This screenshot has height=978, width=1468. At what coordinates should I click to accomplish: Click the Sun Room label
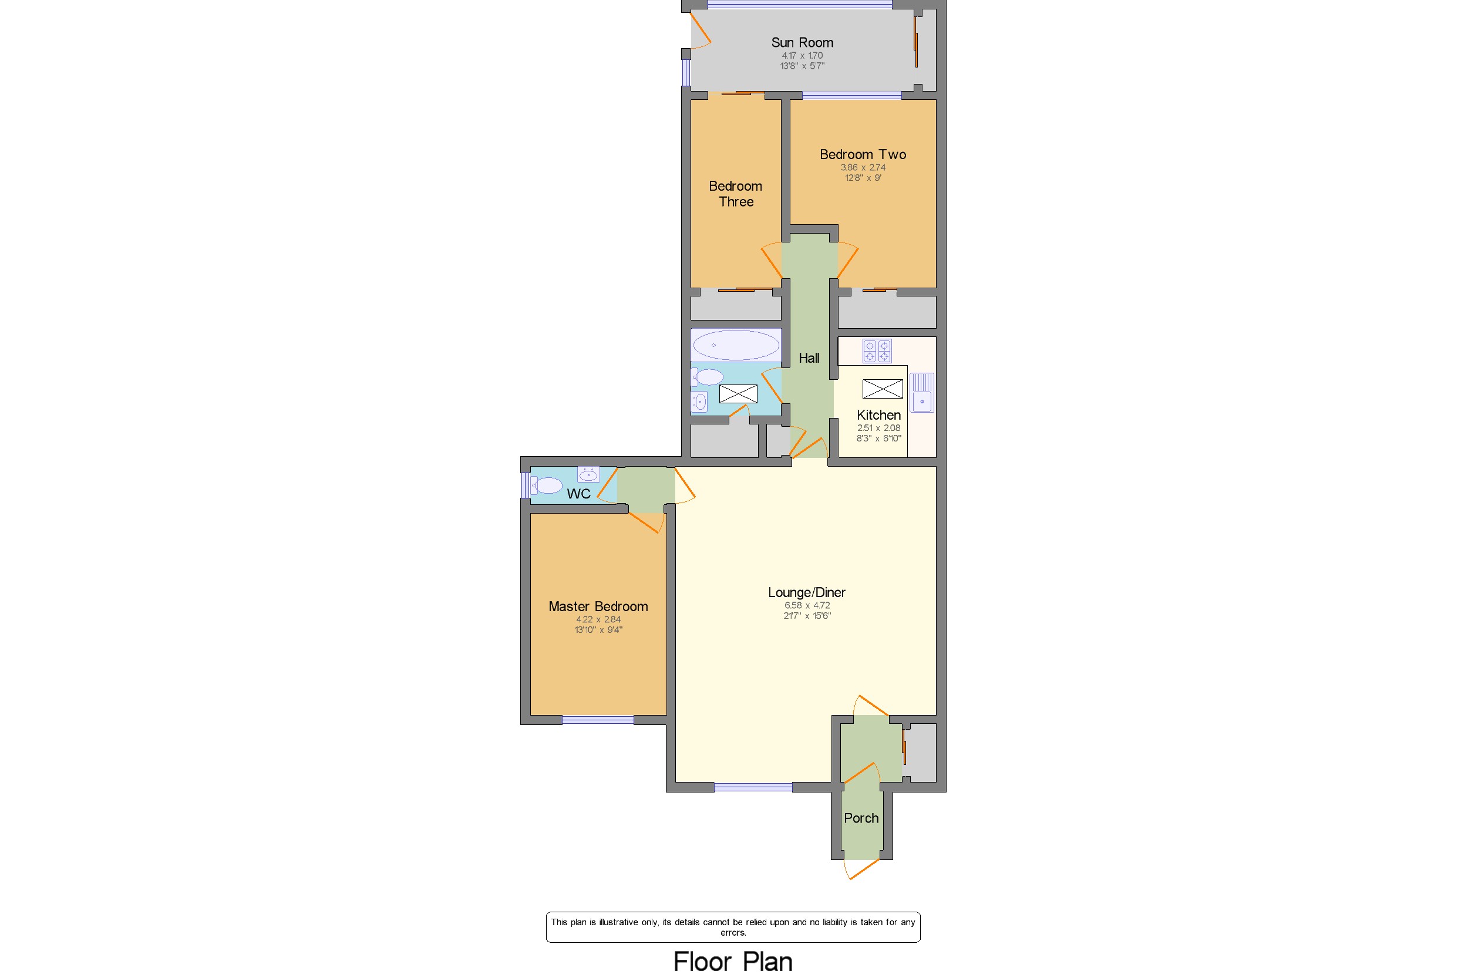point(802,42)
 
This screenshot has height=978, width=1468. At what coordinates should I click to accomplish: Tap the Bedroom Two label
point(862,154)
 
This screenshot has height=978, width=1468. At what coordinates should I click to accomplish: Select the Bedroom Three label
point(736,193)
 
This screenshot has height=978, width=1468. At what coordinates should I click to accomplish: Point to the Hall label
point(809,358)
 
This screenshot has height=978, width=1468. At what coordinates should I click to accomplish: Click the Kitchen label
point(878,415)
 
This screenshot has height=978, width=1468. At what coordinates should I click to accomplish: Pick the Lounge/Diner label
point(806,592)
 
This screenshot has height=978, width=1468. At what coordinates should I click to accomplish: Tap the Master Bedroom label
point(598,606)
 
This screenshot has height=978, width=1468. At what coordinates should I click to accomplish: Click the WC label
point(578,494)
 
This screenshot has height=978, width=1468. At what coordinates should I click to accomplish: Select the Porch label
point(861,818)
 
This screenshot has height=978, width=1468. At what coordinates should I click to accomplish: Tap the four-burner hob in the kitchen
point(877,350)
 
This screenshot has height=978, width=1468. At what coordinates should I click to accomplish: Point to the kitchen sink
point(921,392)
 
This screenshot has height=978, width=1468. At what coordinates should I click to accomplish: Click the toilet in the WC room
point(547,485)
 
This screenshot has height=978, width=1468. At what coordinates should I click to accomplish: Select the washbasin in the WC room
point(588,474)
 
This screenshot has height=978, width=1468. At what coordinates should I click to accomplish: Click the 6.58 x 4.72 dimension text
point(807,605)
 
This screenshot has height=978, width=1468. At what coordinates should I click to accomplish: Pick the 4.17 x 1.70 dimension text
point(802,56)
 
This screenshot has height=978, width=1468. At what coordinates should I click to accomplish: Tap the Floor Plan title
point(732,961)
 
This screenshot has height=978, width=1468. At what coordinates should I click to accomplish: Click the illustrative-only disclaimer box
point(732,927)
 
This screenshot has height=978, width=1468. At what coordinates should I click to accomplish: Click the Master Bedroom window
point(597,720)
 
